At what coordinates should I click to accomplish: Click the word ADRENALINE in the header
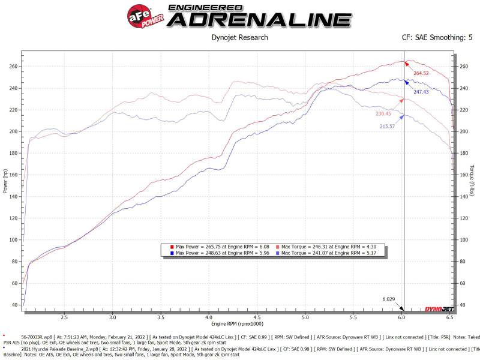click(259, 20)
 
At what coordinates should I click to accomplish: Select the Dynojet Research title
click(240, 37)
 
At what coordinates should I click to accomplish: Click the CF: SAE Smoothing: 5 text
click(437, 37)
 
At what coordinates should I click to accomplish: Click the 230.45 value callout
click(387, 113)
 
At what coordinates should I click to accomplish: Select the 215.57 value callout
click(387, 127)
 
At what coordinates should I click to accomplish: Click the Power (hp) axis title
click(5, 180)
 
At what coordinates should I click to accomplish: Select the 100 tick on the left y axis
click(13, 240)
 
